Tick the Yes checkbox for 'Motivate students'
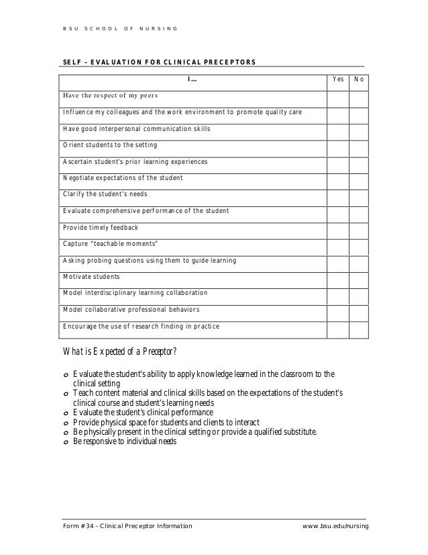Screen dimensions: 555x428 pos(339,277)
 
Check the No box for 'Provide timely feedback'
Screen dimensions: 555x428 pos(359,227)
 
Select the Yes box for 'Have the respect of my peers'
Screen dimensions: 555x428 pos(339,95)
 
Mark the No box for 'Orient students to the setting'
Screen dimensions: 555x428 pos(359,145)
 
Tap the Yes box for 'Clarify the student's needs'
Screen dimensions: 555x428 pos(339,195)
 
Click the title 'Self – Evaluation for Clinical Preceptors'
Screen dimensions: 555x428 pos(159,62)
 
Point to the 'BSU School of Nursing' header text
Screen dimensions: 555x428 pos(120,28)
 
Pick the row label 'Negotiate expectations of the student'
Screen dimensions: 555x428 pos(123,178)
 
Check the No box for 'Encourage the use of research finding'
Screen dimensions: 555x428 pos(359,327)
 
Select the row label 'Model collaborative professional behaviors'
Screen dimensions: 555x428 pos(131,310)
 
